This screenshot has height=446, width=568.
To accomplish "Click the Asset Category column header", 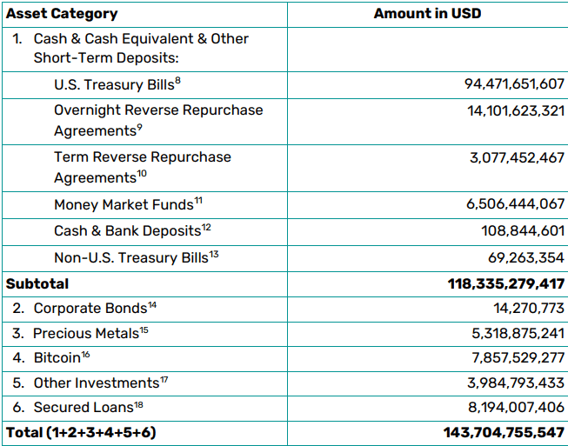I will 62,14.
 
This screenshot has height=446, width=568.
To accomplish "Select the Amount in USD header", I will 427,14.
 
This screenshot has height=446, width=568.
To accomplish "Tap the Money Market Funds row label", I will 124,205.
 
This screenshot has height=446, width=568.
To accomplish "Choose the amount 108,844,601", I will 523,231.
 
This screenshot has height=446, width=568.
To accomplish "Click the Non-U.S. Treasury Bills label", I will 131,257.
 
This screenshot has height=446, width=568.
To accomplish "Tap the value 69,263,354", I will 526,257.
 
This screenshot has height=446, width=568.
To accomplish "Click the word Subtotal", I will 37,283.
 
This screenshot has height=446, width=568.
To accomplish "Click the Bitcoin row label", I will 57,357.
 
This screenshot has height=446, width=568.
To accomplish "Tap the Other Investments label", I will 96,383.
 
